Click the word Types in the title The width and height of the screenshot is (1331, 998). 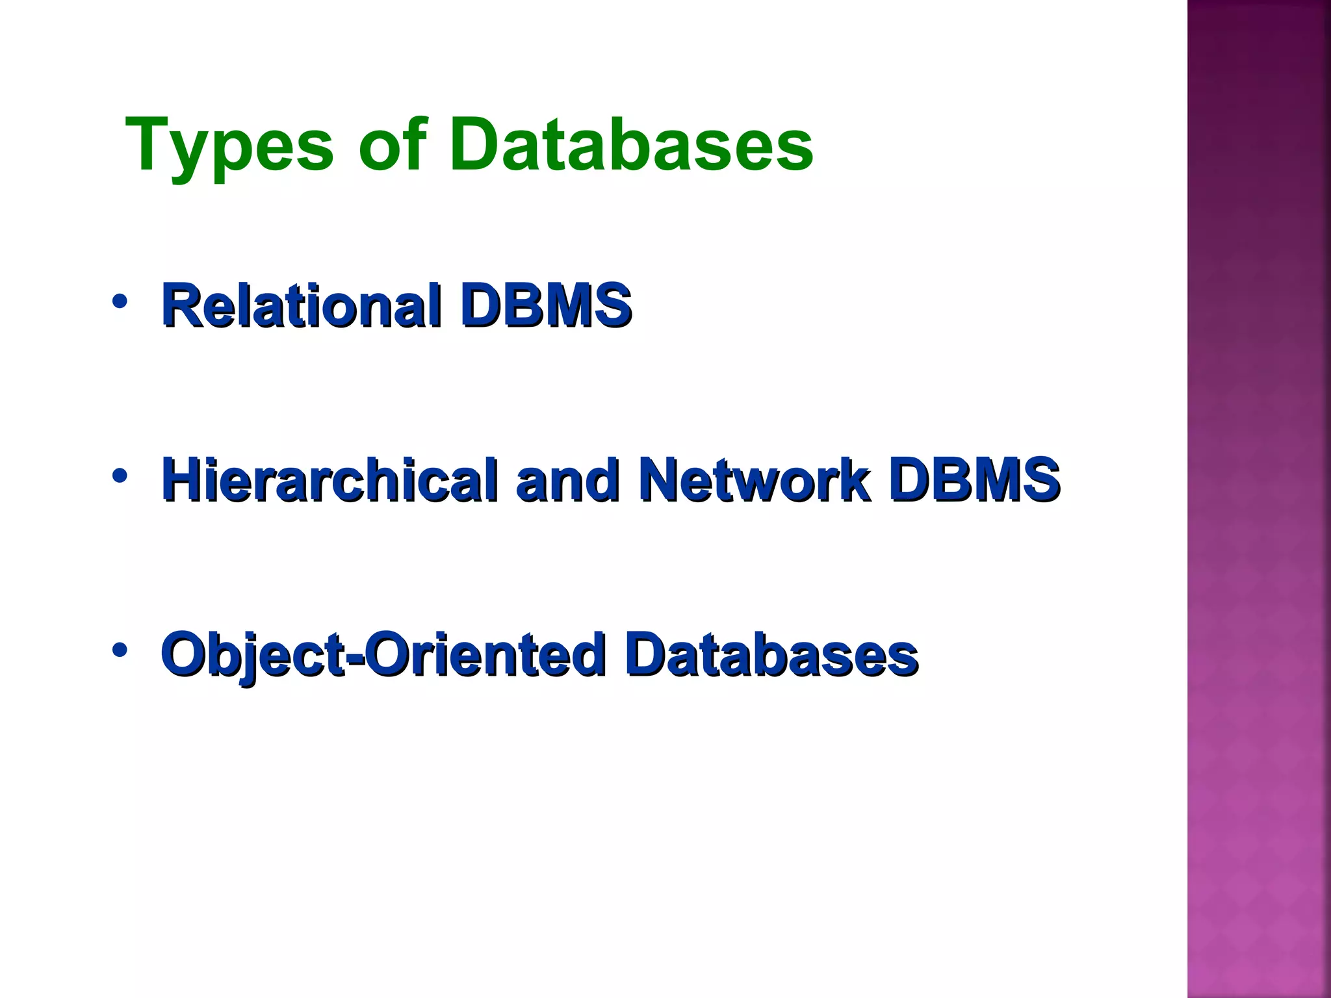(x=229, y=146)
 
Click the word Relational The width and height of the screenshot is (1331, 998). (x=302, y=305)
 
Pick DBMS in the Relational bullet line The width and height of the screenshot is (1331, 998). (x=546, y=305)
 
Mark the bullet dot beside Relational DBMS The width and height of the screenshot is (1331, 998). (x=119, y=301)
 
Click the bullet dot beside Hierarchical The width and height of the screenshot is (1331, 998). (x=119, y=476)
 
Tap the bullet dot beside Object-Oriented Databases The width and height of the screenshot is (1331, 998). (x=119, y=650)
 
